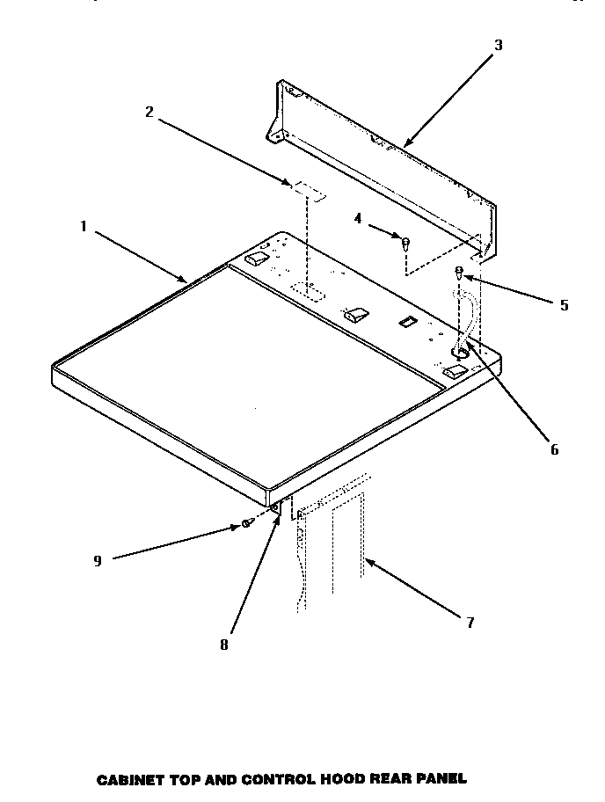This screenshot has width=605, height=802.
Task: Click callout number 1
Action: point(84,226)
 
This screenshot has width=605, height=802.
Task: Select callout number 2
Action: point(149,112)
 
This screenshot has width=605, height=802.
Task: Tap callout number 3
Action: point(498,46)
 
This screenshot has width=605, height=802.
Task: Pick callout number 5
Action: point(564,306)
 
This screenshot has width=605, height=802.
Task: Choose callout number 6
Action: point(554,449)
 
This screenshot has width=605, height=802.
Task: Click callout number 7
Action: point(470,623)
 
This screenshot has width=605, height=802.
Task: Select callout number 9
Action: point(98,560)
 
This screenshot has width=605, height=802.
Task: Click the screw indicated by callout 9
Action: point(247,523)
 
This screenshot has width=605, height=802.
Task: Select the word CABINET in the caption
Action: point(126,778)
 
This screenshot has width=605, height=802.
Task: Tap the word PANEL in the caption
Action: point(440,778)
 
